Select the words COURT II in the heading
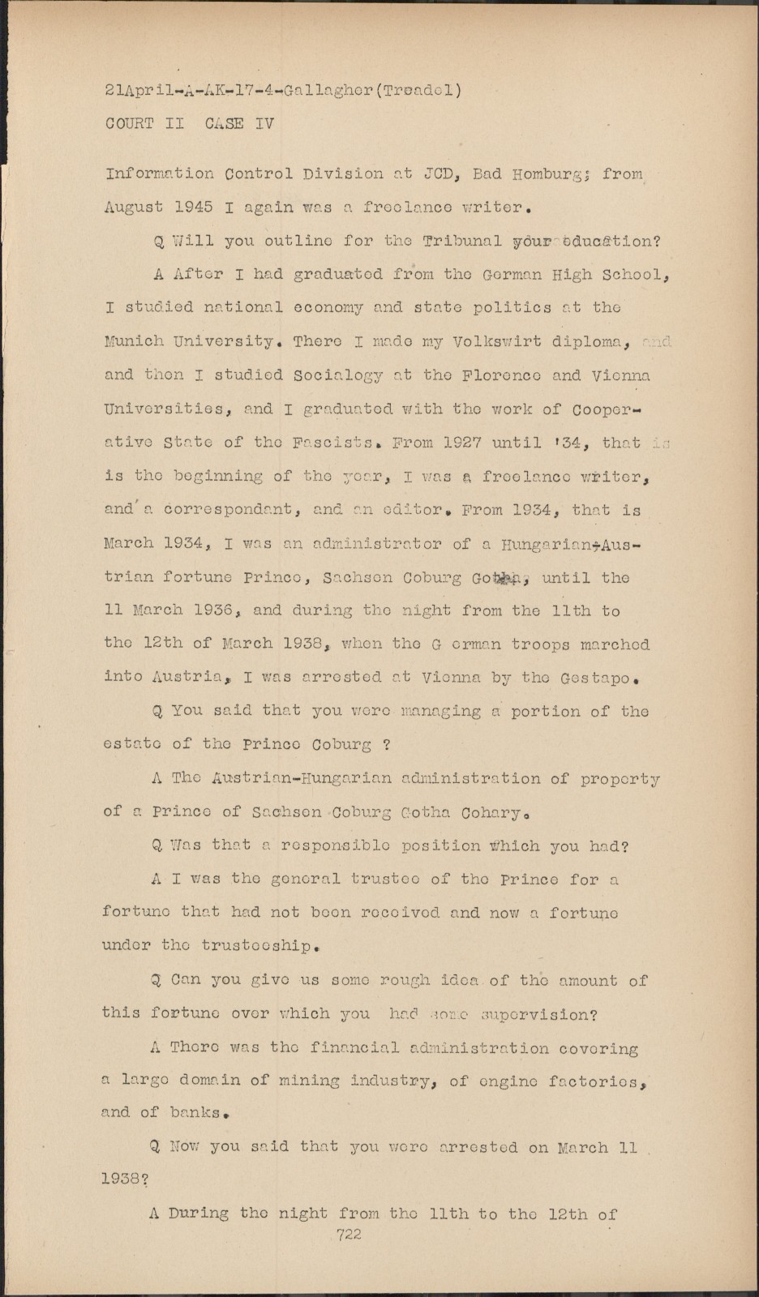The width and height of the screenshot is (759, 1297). [x=145, y=124]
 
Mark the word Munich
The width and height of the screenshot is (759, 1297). [x=134, y=341]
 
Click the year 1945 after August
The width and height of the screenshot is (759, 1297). [x=194, y=207]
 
